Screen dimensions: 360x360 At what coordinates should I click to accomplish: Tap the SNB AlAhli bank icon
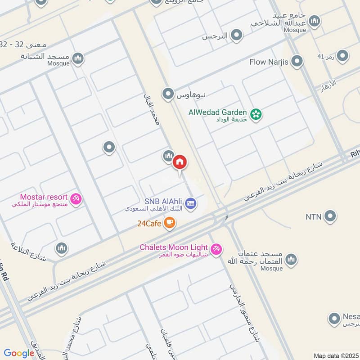pyautogui.click(x=191, y=203)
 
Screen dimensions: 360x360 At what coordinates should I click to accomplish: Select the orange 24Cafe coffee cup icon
pyautogui.click(x=169, y=223)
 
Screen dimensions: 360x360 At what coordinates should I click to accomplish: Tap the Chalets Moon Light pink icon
pyautogui.click(x=216, y=249)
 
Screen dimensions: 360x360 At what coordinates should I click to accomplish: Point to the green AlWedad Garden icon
pyautogui.click(x=256, y=114)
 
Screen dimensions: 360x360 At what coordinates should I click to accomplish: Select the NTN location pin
pyautogui.click(x=330, y=216)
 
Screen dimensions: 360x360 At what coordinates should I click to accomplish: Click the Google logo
pyautogui.click(x=19, y=353)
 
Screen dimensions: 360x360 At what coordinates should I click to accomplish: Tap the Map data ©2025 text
pyautogui.click(x=335, y=355)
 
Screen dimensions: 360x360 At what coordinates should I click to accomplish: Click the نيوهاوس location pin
pyautogui.click(x=168, y=94)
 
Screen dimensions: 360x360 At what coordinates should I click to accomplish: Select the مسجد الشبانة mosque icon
pyautogui.click(x=78, y=58)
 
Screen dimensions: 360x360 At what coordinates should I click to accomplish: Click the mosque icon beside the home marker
pyautogui.click(x=168, y=156)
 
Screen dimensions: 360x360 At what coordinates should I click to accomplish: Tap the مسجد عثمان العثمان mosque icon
pyautogui.click(x=292, y=260)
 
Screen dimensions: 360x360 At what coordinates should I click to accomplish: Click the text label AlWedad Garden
pyautogui.click(x=218, y=112)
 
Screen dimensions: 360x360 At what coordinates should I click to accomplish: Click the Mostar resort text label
pyautogui.click(x=44, y=197)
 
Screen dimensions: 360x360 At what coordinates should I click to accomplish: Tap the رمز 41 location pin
pyautogui.click(x=342, y=56)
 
